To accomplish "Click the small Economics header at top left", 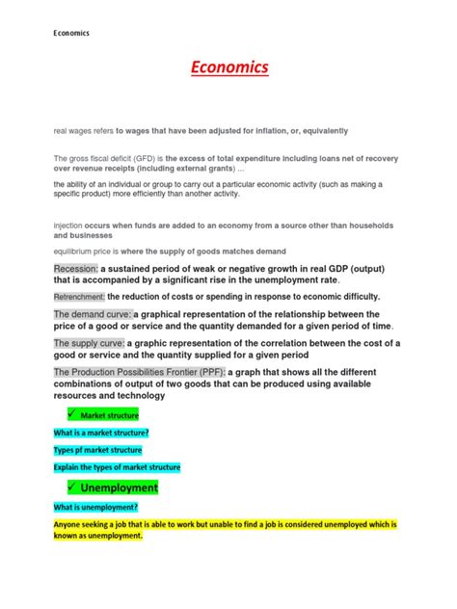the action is click(x=71, y=32).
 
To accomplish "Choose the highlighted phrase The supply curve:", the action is click(x=90, y=343).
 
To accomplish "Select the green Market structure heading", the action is click(x=109, y=414).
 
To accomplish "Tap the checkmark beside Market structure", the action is click(x=64, y=414).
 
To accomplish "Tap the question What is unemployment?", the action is click(x=96, y=507).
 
